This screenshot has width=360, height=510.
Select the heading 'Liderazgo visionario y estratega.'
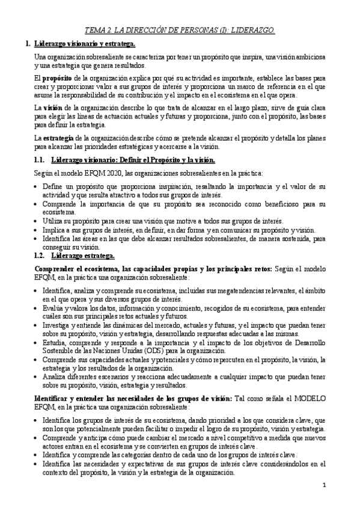click(x=85, y=44)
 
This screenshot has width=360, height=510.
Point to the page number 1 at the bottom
click(x=323, y=485)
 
